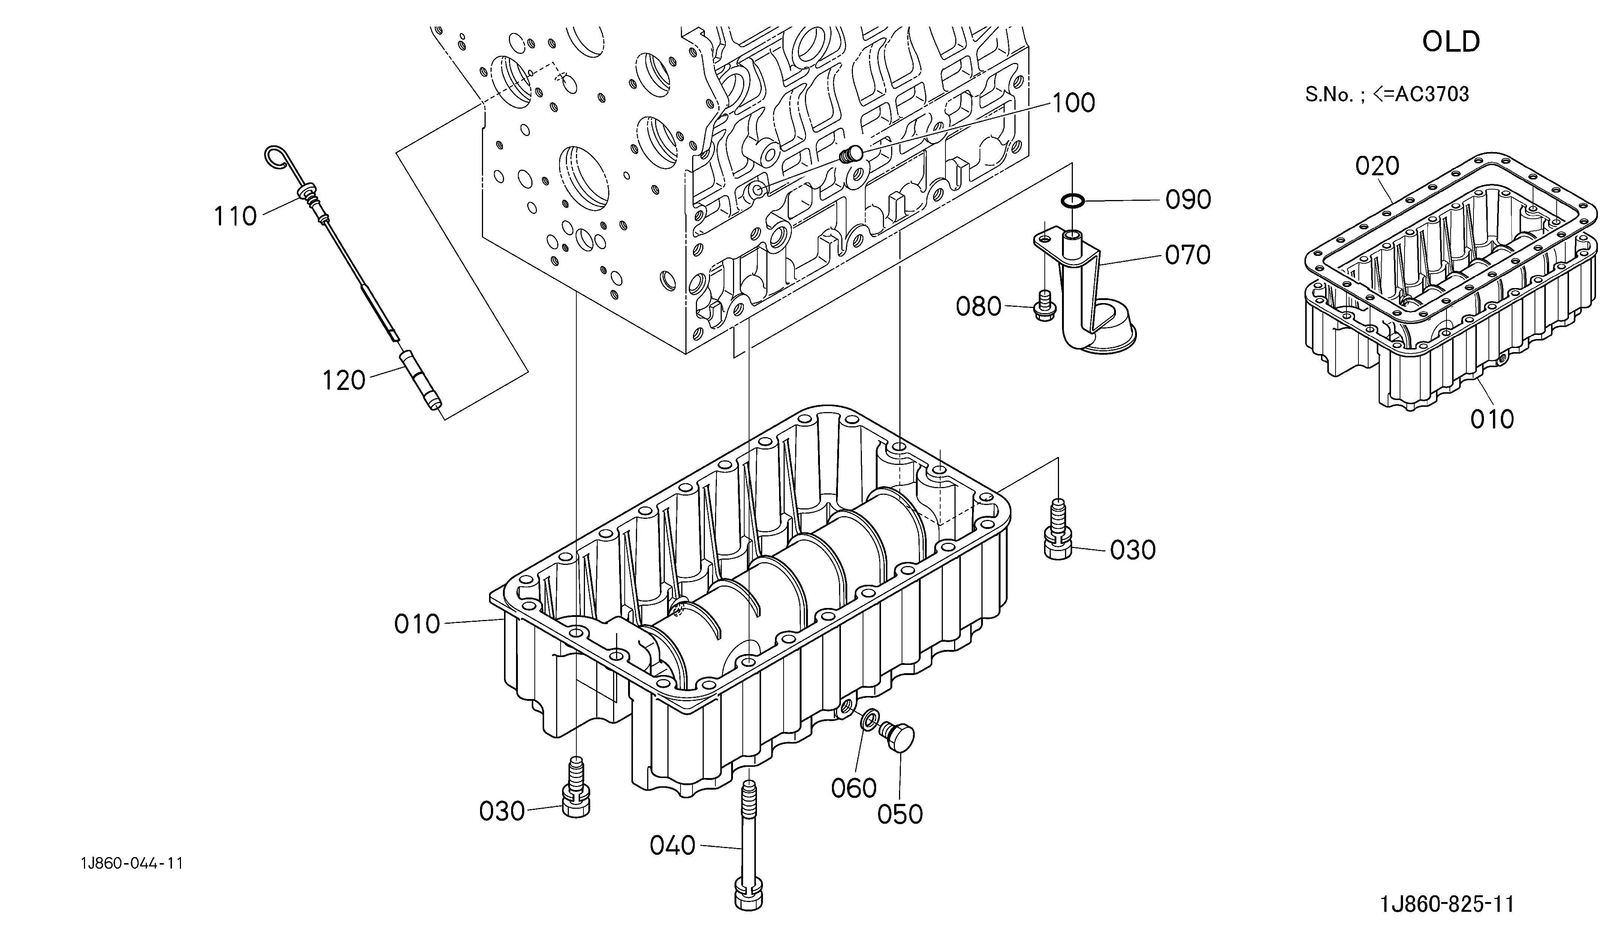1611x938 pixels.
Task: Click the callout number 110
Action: click(235, 217)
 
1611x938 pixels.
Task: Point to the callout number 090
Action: click(1188, 200)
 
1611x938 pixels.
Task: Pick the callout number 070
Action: click(1188, 255)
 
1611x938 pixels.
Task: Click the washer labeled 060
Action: click(869, 720)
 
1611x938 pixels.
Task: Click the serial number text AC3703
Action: click(1432, 94)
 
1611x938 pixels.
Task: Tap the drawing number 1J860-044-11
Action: click(132, 864)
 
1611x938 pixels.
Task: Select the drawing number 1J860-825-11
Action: click(1447, 904)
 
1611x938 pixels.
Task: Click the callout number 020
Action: click(1378, 166)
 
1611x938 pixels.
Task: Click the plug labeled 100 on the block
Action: click(851, 154)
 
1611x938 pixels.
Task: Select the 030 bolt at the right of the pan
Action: click(1058, 530)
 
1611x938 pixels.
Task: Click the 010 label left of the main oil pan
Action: click(417, 624)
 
